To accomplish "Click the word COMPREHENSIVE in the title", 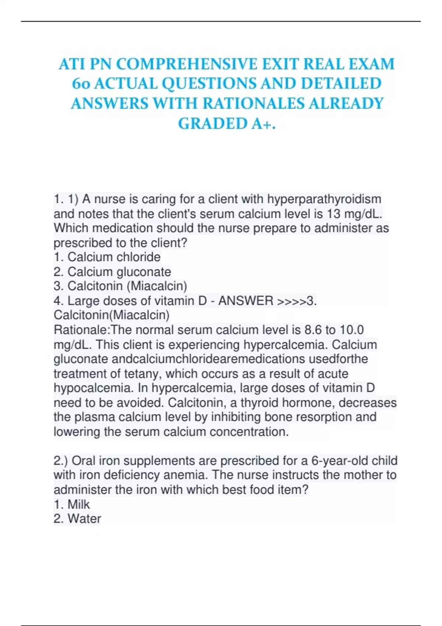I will click(186, 64).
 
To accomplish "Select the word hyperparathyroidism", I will click(324, 199).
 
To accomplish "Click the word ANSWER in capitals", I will click(246, 301).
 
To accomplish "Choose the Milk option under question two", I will click(78, 504).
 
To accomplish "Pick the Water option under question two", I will click(84, 519).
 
